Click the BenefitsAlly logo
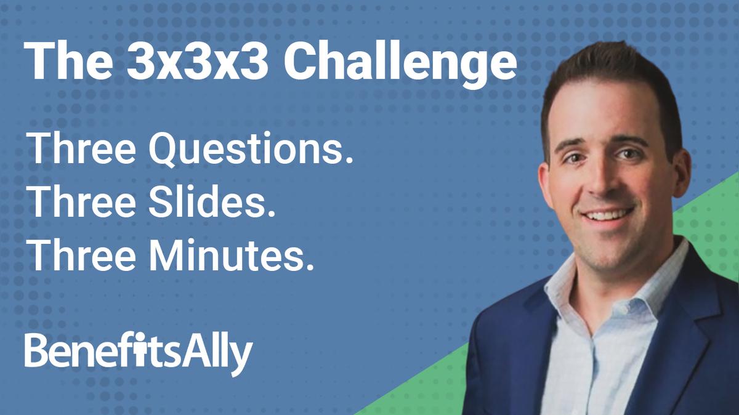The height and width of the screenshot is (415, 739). click(x=139, y=352)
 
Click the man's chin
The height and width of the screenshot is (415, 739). click(x=610, y=243)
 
